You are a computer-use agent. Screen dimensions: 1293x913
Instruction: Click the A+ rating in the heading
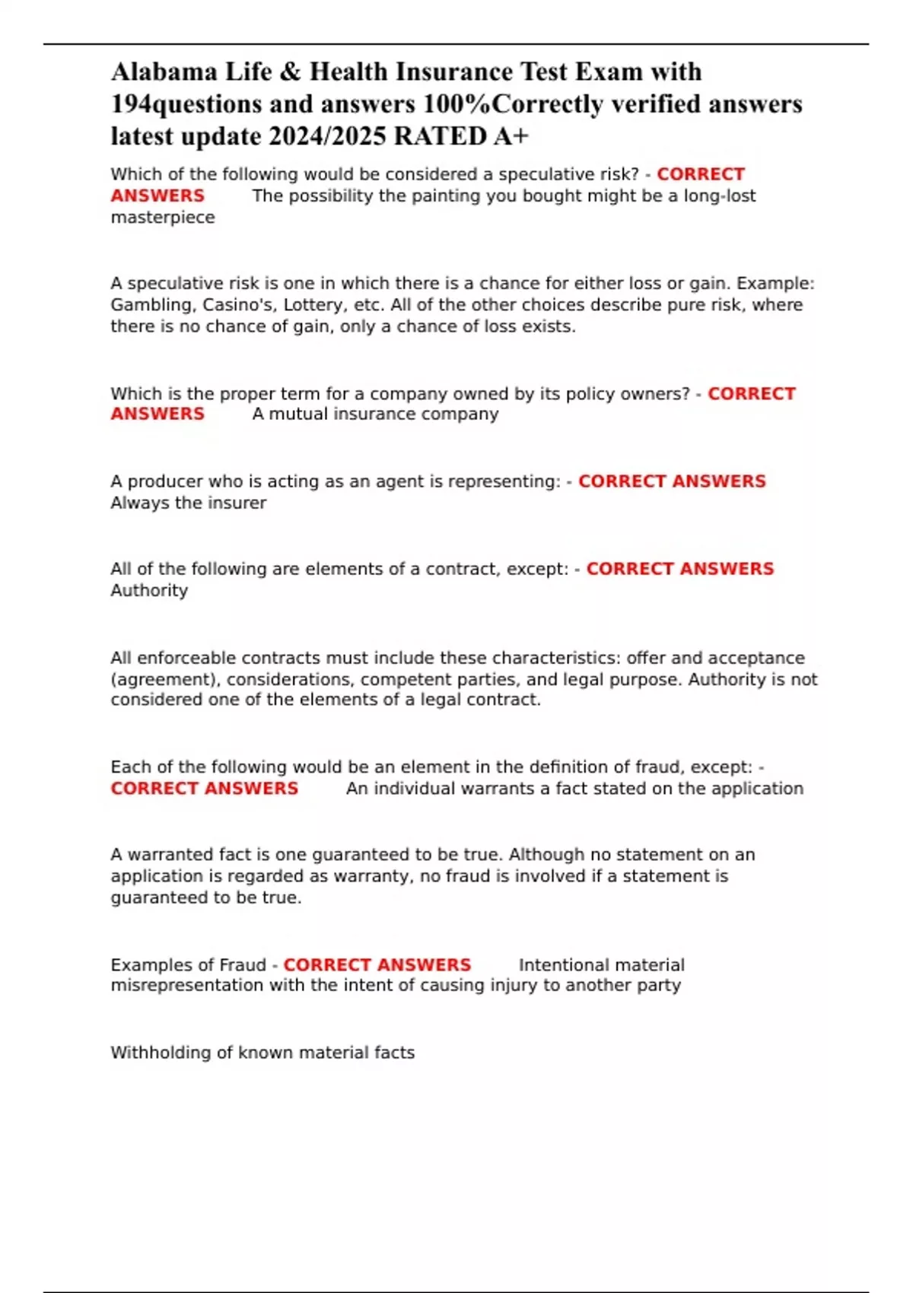pyautogui.click(x=511, y=136)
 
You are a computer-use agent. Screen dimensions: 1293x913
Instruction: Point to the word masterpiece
pyautogui.click(x=163, y=218)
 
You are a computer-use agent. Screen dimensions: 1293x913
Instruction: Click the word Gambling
pyautogui.click(x=153, y=305)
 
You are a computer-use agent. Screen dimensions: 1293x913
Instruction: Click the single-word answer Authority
pyautogui.click(x=149, y=590)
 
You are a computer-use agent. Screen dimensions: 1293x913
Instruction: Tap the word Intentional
pyautogui.click(x=564, y=965)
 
